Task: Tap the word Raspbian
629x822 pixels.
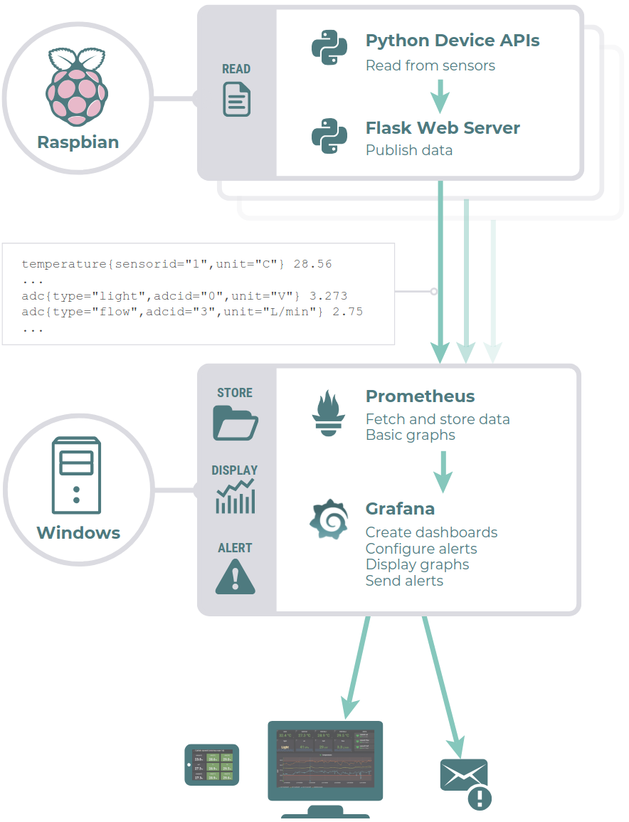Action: click(78, 142)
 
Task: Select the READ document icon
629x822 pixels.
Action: click(236, 99)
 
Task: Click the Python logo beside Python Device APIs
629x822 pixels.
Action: click(329, 48)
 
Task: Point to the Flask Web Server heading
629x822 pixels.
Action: click(443, 128)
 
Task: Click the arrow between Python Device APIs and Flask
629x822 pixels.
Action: click(440, 95)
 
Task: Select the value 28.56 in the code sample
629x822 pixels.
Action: click(312, 264)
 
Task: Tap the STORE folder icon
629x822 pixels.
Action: click(235, 423)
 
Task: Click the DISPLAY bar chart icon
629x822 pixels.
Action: click(235, 497)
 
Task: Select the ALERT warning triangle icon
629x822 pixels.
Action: click(235, 576)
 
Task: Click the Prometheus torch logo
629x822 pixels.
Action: click(328, 413)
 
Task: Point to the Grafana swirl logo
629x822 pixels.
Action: click(329, 520)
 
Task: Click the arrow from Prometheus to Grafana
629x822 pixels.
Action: click(443, 471)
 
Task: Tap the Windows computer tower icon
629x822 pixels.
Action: click(76, 476)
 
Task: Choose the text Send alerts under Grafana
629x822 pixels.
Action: click(404, 581)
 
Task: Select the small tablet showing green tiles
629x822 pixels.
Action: click(212, 765)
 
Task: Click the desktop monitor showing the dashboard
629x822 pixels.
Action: click(324, 762)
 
